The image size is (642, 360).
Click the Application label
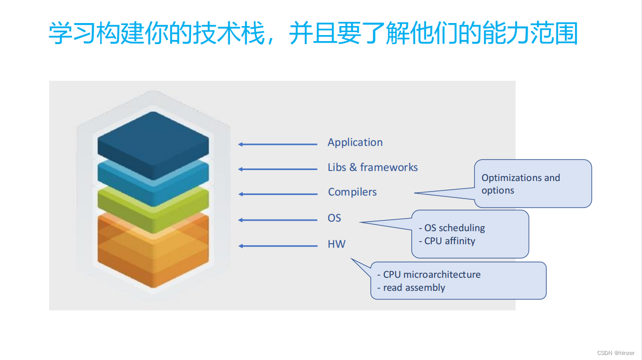[x=355, y=142]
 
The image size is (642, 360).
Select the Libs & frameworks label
[x=373, y=167]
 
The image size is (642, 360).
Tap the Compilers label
[x=352, y=192]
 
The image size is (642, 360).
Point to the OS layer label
[x=334, y=218]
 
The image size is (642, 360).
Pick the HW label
[x=337, y=244]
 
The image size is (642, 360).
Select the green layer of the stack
[x=153, y=208]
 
